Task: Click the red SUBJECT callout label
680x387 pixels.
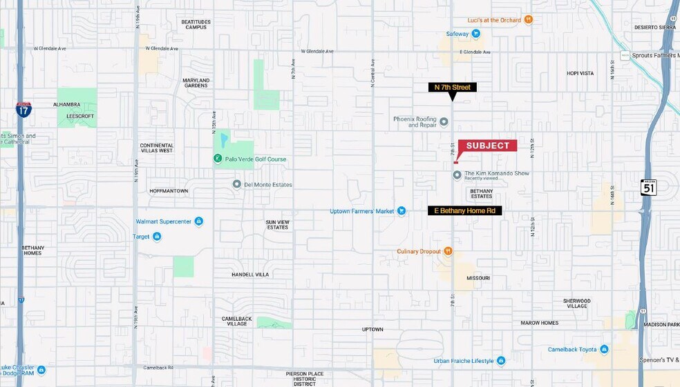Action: [487, 146]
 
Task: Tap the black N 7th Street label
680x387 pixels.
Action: [452, 88]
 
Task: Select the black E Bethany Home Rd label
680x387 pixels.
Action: [465, 210]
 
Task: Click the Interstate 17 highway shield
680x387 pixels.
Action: [23, 108]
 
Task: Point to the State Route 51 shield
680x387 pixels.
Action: [648, 188]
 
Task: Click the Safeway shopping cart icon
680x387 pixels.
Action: [476, 33]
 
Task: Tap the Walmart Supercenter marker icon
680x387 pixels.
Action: [199, 221]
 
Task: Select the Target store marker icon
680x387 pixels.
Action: [157, 237]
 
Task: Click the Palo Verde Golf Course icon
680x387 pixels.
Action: [217, 159]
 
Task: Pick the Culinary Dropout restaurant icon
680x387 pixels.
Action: [448, 251]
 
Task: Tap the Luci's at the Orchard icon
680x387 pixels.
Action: [529, 20]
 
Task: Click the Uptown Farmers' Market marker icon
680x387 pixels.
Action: [402, 211]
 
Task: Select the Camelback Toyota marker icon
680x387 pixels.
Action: [605, 350]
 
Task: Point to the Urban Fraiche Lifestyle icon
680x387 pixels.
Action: [501, 361]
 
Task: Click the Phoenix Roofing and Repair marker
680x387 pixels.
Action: [444, 122]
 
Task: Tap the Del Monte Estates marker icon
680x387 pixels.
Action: [237, 184]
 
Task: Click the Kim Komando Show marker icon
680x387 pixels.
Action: [457, 175]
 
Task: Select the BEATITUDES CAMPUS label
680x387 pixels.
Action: [196, 24]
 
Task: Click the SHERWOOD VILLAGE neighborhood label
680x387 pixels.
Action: [576, 304]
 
